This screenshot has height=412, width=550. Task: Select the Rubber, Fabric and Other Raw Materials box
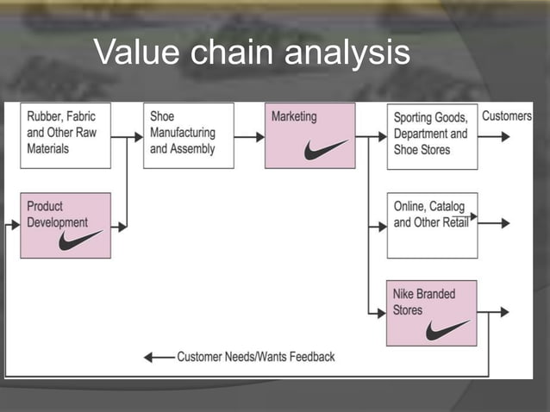[x=66, y=136]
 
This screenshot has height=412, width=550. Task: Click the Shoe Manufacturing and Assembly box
[x=188, y=136]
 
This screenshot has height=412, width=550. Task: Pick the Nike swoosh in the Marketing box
[x=325, y=149]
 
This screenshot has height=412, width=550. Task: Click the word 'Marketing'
[x=294, y=116]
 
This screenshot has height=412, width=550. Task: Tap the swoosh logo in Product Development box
[x=80, y=240]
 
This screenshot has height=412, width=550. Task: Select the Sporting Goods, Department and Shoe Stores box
[x=432, y=136]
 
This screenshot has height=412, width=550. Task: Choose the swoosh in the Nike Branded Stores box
[x=447, y=329]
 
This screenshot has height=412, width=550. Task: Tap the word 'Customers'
[x=507, y=116]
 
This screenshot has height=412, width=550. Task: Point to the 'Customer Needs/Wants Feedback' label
[x=256, y=356]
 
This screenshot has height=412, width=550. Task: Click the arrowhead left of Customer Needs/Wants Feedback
[x=149, y=357]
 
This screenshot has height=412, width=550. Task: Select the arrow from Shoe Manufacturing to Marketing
[x=249, y=136]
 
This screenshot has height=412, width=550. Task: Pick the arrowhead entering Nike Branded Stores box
[x=381, y=313]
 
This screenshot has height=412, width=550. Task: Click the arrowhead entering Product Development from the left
[x=15, y=227]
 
